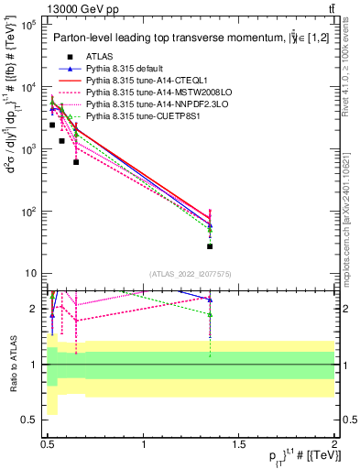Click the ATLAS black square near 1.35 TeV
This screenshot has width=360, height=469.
[210, 246]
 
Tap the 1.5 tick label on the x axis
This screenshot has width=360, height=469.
[240, 442]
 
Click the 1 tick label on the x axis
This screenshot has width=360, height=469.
[144, 442]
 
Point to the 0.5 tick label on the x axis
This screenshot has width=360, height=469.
[48, 442]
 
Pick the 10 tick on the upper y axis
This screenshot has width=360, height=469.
[30, 274]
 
